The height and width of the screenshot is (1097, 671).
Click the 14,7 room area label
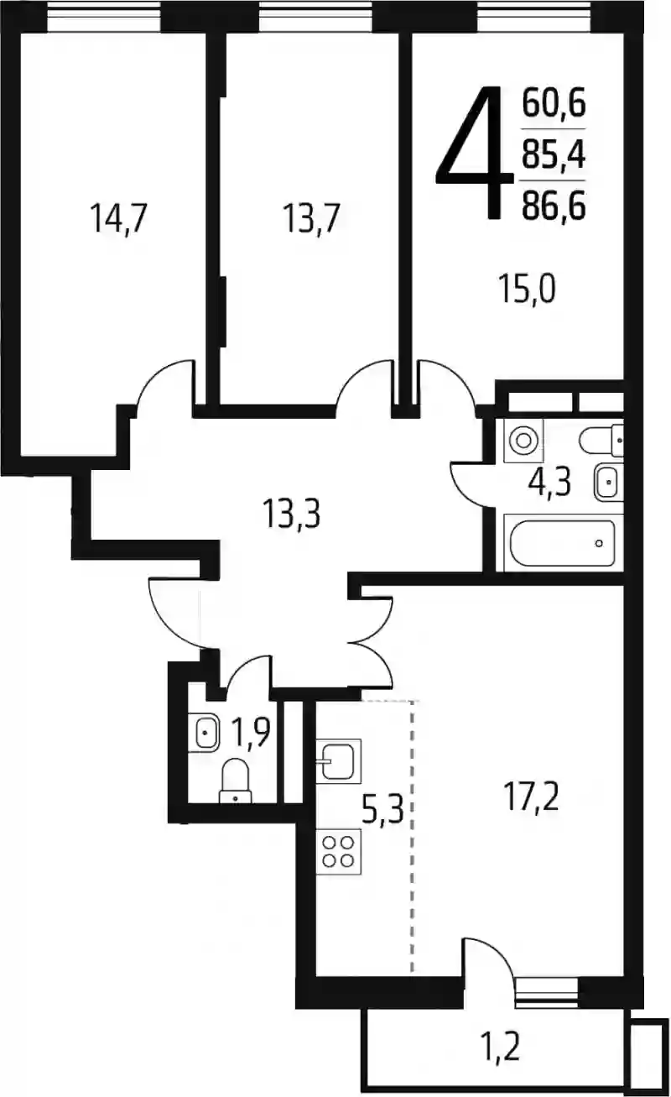pyautogui.click(x=118, y=219)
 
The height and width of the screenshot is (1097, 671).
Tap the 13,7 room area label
pyautogui.click(x=311, y=219)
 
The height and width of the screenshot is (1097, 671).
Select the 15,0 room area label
pyautogui.click(x=527, y=289)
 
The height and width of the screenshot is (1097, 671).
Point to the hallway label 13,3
pyautogui.click(x=292, y=513)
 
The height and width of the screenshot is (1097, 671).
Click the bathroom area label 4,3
pyautogui.click(x=549, y=483)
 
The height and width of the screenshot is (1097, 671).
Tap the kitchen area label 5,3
pyautogui.click(x=382, y=809)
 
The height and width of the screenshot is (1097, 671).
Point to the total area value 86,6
pyautogui.click(x=554, y=206)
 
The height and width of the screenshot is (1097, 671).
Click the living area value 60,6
pyautogui.click(x=554, y=103)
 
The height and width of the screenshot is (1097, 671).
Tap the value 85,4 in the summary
pyautogui.click(x=554, y=154)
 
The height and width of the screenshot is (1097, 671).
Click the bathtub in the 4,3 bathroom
pyautogui.click(x=562, y=543)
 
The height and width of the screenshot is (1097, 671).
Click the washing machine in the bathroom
pyautogui.click(x=523, y=441)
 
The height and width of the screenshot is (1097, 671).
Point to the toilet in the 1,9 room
pyautogui.click(x=236, y=781)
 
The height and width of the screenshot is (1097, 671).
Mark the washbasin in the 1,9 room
pyautogui.click(x=204, y=733)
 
